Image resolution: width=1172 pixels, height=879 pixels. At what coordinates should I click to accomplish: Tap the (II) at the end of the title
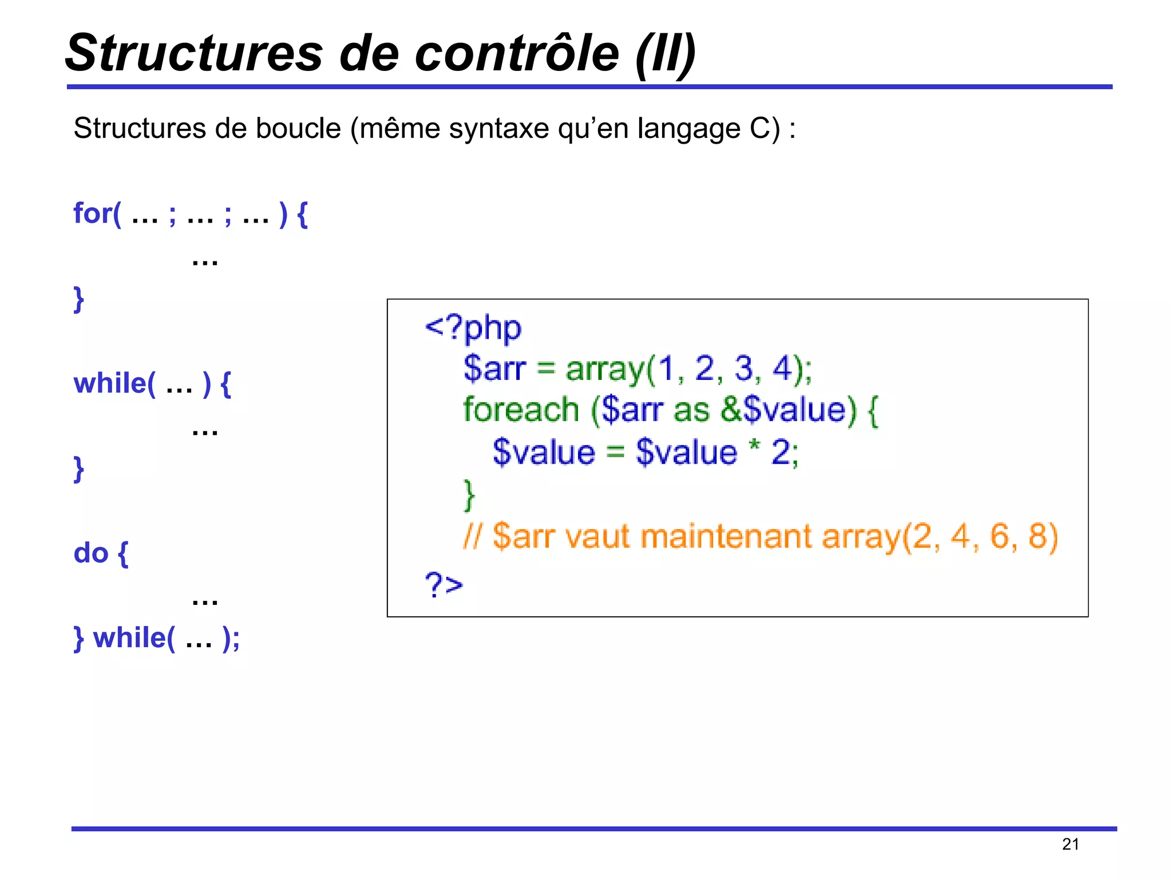click(666, 54)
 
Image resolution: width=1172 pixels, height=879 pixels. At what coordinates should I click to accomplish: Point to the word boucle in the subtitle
click(298, 128)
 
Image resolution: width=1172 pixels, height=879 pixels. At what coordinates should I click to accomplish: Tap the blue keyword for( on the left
click(97, 213)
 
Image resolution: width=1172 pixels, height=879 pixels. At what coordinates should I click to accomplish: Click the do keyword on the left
click(91, 553)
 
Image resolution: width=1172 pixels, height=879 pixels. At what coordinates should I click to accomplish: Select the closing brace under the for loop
click(79, 299)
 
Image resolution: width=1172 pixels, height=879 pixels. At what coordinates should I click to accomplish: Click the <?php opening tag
click(473, 328)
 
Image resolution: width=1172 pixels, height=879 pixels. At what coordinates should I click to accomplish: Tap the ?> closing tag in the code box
click(444, 584)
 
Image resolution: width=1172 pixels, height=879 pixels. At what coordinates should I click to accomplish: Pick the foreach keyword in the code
click(521, 410)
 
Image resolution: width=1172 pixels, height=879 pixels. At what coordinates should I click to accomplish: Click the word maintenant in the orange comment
click(726, 537)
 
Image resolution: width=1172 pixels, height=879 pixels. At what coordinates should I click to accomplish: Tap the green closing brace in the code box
click(469, 495)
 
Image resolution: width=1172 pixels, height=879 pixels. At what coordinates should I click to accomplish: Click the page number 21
click(1070, 844)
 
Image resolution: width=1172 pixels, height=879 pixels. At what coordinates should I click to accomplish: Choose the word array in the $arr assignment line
click(605, 369)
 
